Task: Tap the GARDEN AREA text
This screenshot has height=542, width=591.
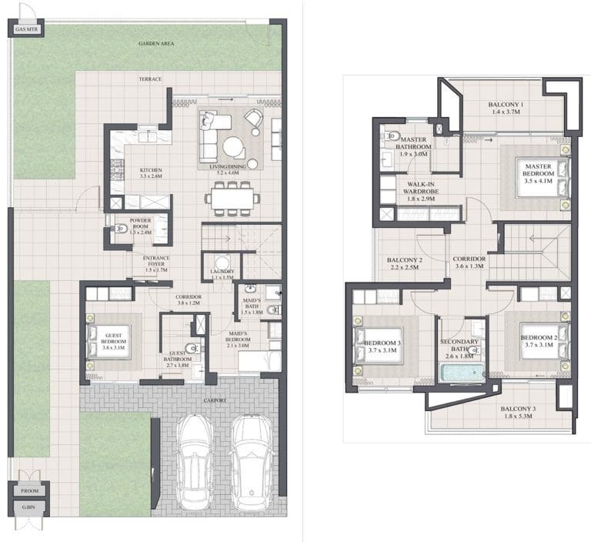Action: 155,44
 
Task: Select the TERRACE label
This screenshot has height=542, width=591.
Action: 150,79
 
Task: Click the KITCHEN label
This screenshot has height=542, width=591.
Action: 151,170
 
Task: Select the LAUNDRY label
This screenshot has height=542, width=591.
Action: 222,272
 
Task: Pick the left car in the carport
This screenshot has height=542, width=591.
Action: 197,454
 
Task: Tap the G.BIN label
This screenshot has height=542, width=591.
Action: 29,507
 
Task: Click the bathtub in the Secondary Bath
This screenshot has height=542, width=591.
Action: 462,373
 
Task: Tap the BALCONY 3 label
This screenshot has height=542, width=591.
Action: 518,409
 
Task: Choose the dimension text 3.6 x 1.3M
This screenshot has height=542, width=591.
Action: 469,266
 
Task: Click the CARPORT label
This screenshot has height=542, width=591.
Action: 215,400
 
